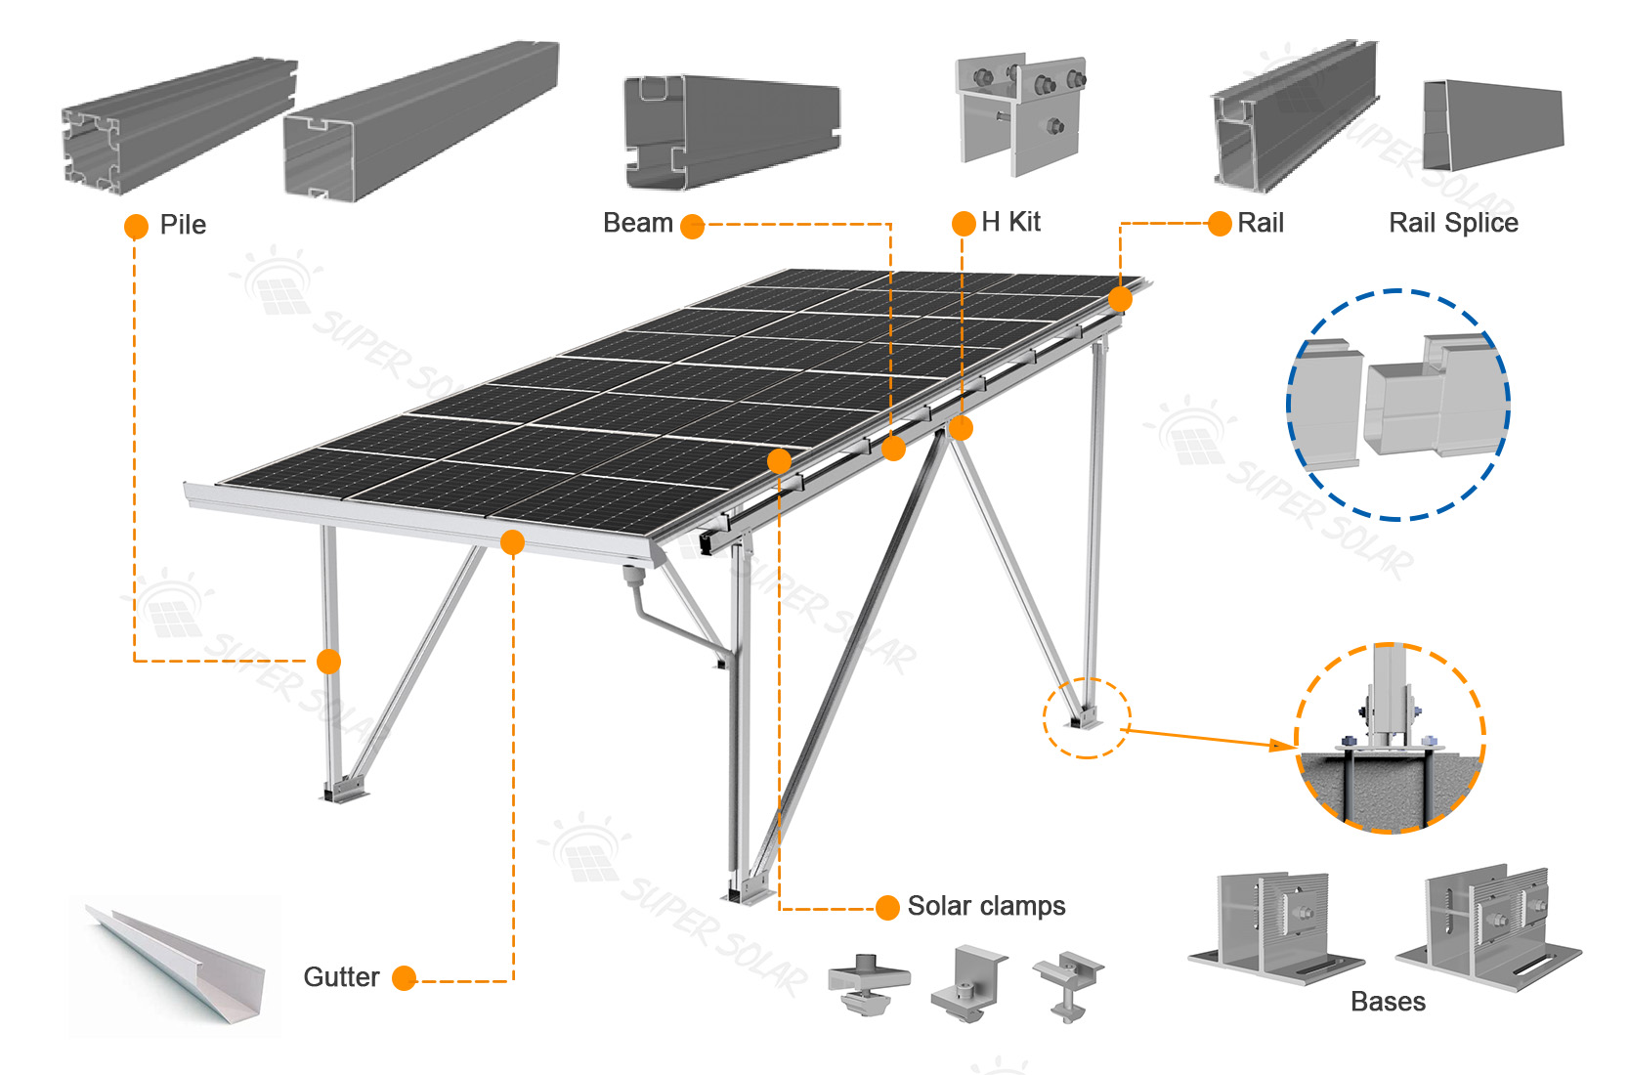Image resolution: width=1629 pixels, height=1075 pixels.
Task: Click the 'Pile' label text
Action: tap(183, 225)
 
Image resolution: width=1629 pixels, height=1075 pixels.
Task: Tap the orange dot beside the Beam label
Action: tap(692, 227)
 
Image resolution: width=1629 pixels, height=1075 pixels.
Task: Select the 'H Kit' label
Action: tap(1010, 222)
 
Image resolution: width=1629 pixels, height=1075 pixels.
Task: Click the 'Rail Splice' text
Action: tap(1453, 223)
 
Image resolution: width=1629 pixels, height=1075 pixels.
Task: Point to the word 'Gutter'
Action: tap(341, 976)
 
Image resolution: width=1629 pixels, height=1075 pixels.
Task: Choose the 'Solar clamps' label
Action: tap(986, 906)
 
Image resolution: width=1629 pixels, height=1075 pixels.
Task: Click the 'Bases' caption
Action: tap(1388, 1001)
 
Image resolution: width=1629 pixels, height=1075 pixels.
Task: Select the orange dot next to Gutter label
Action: tap(404, 977)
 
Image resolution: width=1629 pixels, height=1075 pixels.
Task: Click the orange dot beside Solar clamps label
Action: tap(887, 908)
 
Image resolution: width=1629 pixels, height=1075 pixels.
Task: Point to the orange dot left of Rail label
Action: tap(1220, 224)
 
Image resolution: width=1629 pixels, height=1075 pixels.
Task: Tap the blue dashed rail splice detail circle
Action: tap(1397, 405)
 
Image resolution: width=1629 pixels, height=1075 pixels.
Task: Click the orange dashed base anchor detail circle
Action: tap(1390, 738)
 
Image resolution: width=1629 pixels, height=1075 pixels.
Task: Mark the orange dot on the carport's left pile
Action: tap(329, 662)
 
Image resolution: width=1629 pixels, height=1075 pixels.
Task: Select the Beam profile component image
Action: tap(731, 132)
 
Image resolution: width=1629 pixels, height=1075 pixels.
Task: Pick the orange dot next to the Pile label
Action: tap(136, 227)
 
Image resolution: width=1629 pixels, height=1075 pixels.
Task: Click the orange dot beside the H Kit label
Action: tap(964, 224)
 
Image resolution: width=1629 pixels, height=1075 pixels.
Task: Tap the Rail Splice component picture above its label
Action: tap(1492, 125)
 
